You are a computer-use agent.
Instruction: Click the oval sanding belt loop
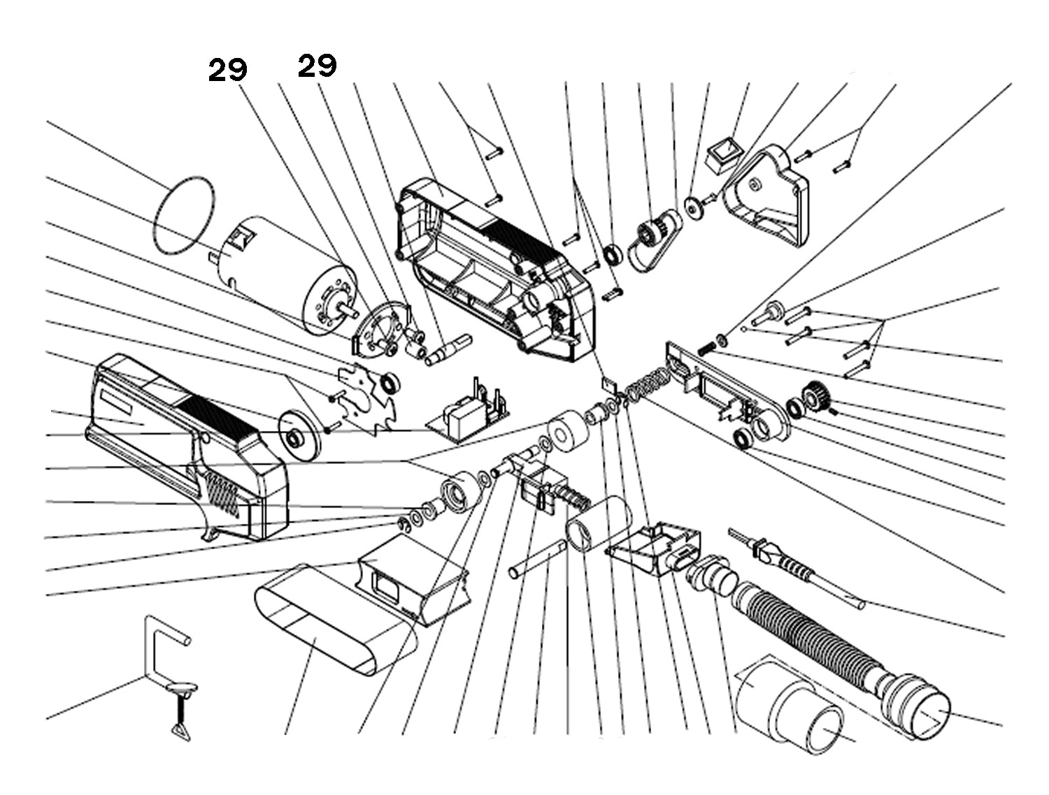click(x=329, y=632)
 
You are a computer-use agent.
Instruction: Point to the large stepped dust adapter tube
click(x=790, y=706)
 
